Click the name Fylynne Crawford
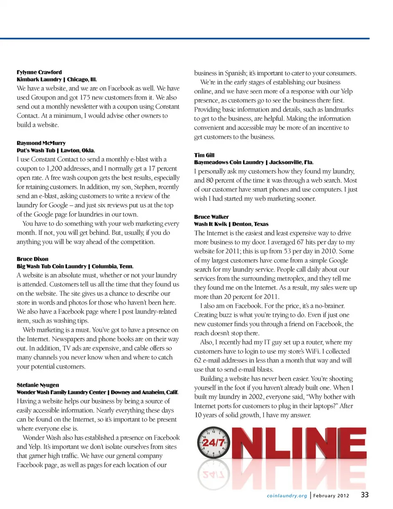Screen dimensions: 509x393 click(x=39, y=72)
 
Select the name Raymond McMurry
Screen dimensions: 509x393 click(x=41, y=143)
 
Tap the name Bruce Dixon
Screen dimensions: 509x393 click(x=32, y=259)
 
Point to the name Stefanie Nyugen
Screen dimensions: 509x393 click(x=38, y=385)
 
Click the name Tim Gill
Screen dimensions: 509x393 click(x=204, y=155)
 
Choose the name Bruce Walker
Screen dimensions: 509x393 click(x=211, y=217)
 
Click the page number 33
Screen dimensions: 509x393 click(x=364, y=495)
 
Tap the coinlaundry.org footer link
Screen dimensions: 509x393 click(x=287, y=496)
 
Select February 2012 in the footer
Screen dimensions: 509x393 click(x=331, y=496)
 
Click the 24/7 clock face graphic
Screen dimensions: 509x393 click(x=213, y=442)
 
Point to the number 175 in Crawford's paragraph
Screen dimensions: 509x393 click(x=85, y=97)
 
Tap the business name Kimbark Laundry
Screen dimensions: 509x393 click(x=39, y=79)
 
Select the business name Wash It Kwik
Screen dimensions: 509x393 click(x=210, y=224)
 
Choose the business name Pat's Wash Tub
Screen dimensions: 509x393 click(x=36, y=150)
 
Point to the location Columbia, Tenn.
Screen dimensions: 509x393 click(x=113, y=266)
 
